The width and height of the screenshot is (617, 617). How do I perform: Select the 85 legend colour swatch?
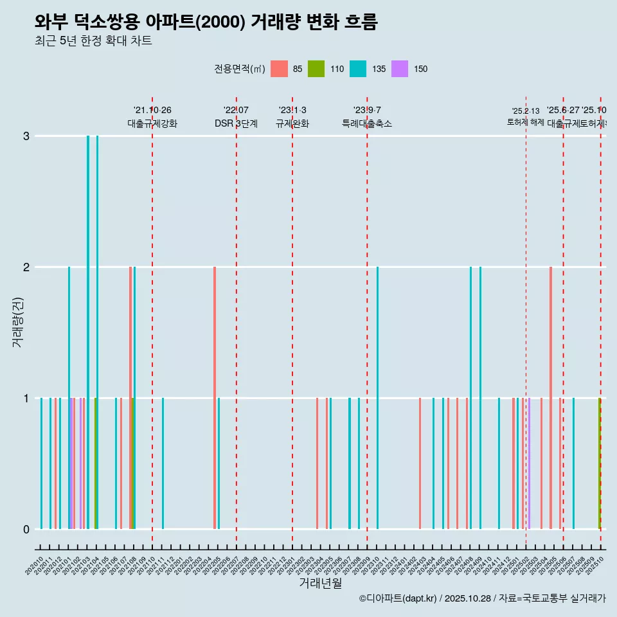279,69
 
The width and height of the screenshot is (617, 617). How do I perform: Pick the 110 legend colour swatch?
316,69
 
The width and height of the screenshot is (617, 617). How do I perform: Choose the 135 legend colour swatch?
358,69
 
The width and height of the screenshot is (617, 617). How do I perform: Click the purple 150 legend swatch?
400,69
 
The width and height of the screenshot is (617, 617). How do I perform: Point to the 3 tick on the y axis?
26,136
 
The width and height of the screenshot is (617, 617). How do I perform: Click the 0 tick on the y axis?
26,529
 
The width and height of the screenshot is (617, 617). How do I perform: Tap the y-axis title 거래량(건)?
18,321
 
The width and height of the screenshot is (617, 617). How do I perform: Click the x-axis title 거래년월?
319,583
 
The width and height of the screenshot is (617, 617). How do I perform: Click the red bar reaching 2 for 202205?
215,397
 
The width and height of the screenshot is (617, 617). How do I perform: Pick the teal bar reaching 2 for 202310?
377,397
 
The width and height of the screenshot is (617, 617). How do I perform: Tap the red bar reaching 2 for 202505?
551,397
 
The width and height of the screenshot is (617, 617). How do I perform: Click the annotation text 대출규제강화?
152,123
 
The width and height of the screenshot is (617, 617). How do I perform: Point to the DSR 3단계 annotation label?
236,123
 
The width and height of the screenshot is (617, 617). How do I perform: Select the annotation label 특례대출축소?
367,123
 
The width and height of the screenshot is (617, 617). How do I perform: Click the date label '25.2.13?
526,111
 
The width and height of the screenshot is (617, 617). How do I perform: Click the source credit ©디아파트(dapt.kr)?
398,598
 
